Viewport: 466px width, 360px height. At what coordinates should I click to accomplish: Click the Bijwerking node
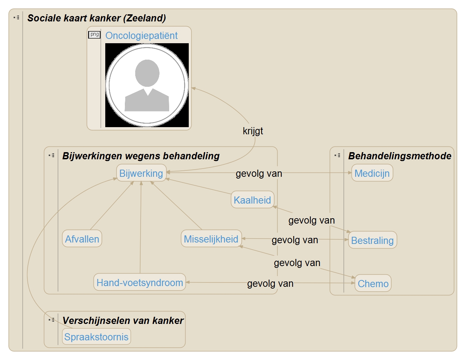click(x=141, y=173)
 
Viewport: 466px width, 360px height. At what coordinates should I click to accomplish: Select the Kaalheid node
click(x=252, y=200)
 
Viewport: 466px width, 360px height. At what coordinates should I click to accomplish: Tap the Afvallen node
click(x=82, y=239)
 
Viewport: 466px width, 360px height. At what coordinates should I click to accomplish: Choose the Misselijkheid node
click(x=211, y=239)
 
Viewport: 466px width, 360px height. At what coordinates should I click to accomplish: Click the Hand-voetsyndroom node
click(x=140, y=282)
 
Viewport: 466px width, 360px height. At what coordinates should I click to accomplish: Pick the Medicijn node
click(x=372, y=173)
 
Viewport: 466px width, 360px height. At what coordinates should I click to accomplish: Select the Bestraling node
click(x=372, y=240)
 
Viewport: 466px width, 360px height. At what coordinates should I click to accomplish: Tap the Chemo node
click(x=373, y=284)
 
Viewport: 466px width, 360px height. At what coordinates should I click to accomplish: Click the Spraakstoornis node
click(x=96, y=337)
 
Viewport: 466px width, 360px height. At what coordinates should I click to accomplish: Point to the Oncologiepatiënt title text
click(x=141, y=36)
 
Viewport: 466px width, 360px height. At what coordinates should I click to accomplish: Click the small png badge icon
click(x=95, y=35)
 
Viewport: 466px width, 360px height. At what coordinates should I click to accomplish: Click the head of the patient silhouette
click(x=147, y=73)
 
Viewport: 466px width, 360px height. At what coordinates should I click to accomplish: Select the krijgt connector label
click(x=253, y=131)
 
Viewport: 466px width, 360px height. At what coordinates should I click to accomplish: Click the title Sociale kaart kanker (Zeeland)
click(x=97, y=18)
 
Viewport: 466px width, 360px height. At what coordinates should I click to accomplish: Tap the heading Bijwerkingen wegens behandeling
click(x=141, y=156)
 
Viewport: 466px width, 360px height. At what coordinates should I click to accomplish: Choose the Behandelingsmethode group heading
click(x=400, y=156)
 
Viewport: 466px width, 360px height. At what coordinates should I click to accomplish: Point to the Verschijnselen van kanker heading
click(x=123, y=321)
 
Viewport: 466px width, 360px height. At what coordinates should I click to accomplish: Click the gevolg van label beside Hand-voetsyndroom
click(x=270, y=284)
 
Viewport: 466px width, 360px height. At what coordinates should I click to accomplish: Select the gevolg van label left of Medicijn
click(x=259, y=174)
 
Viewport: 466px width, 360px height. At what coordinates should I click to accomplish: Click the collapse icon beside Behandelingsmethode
click(x=337, y=155)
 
